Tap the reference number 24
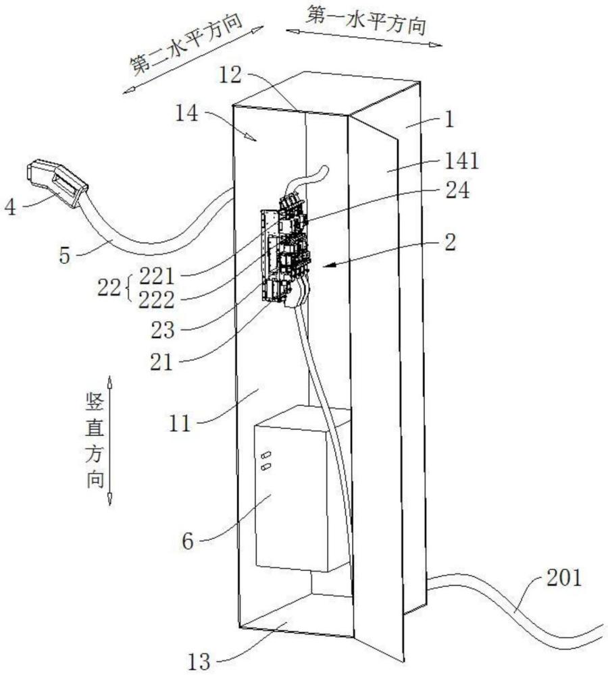click(x=453, y=191)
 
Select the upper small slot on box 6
click(x=265, y=454)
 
